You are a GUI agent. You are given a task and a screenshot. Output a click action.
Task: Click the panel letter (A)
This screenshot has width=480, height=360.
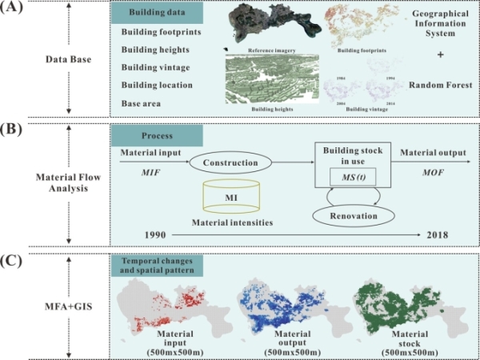coord(13,9)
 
